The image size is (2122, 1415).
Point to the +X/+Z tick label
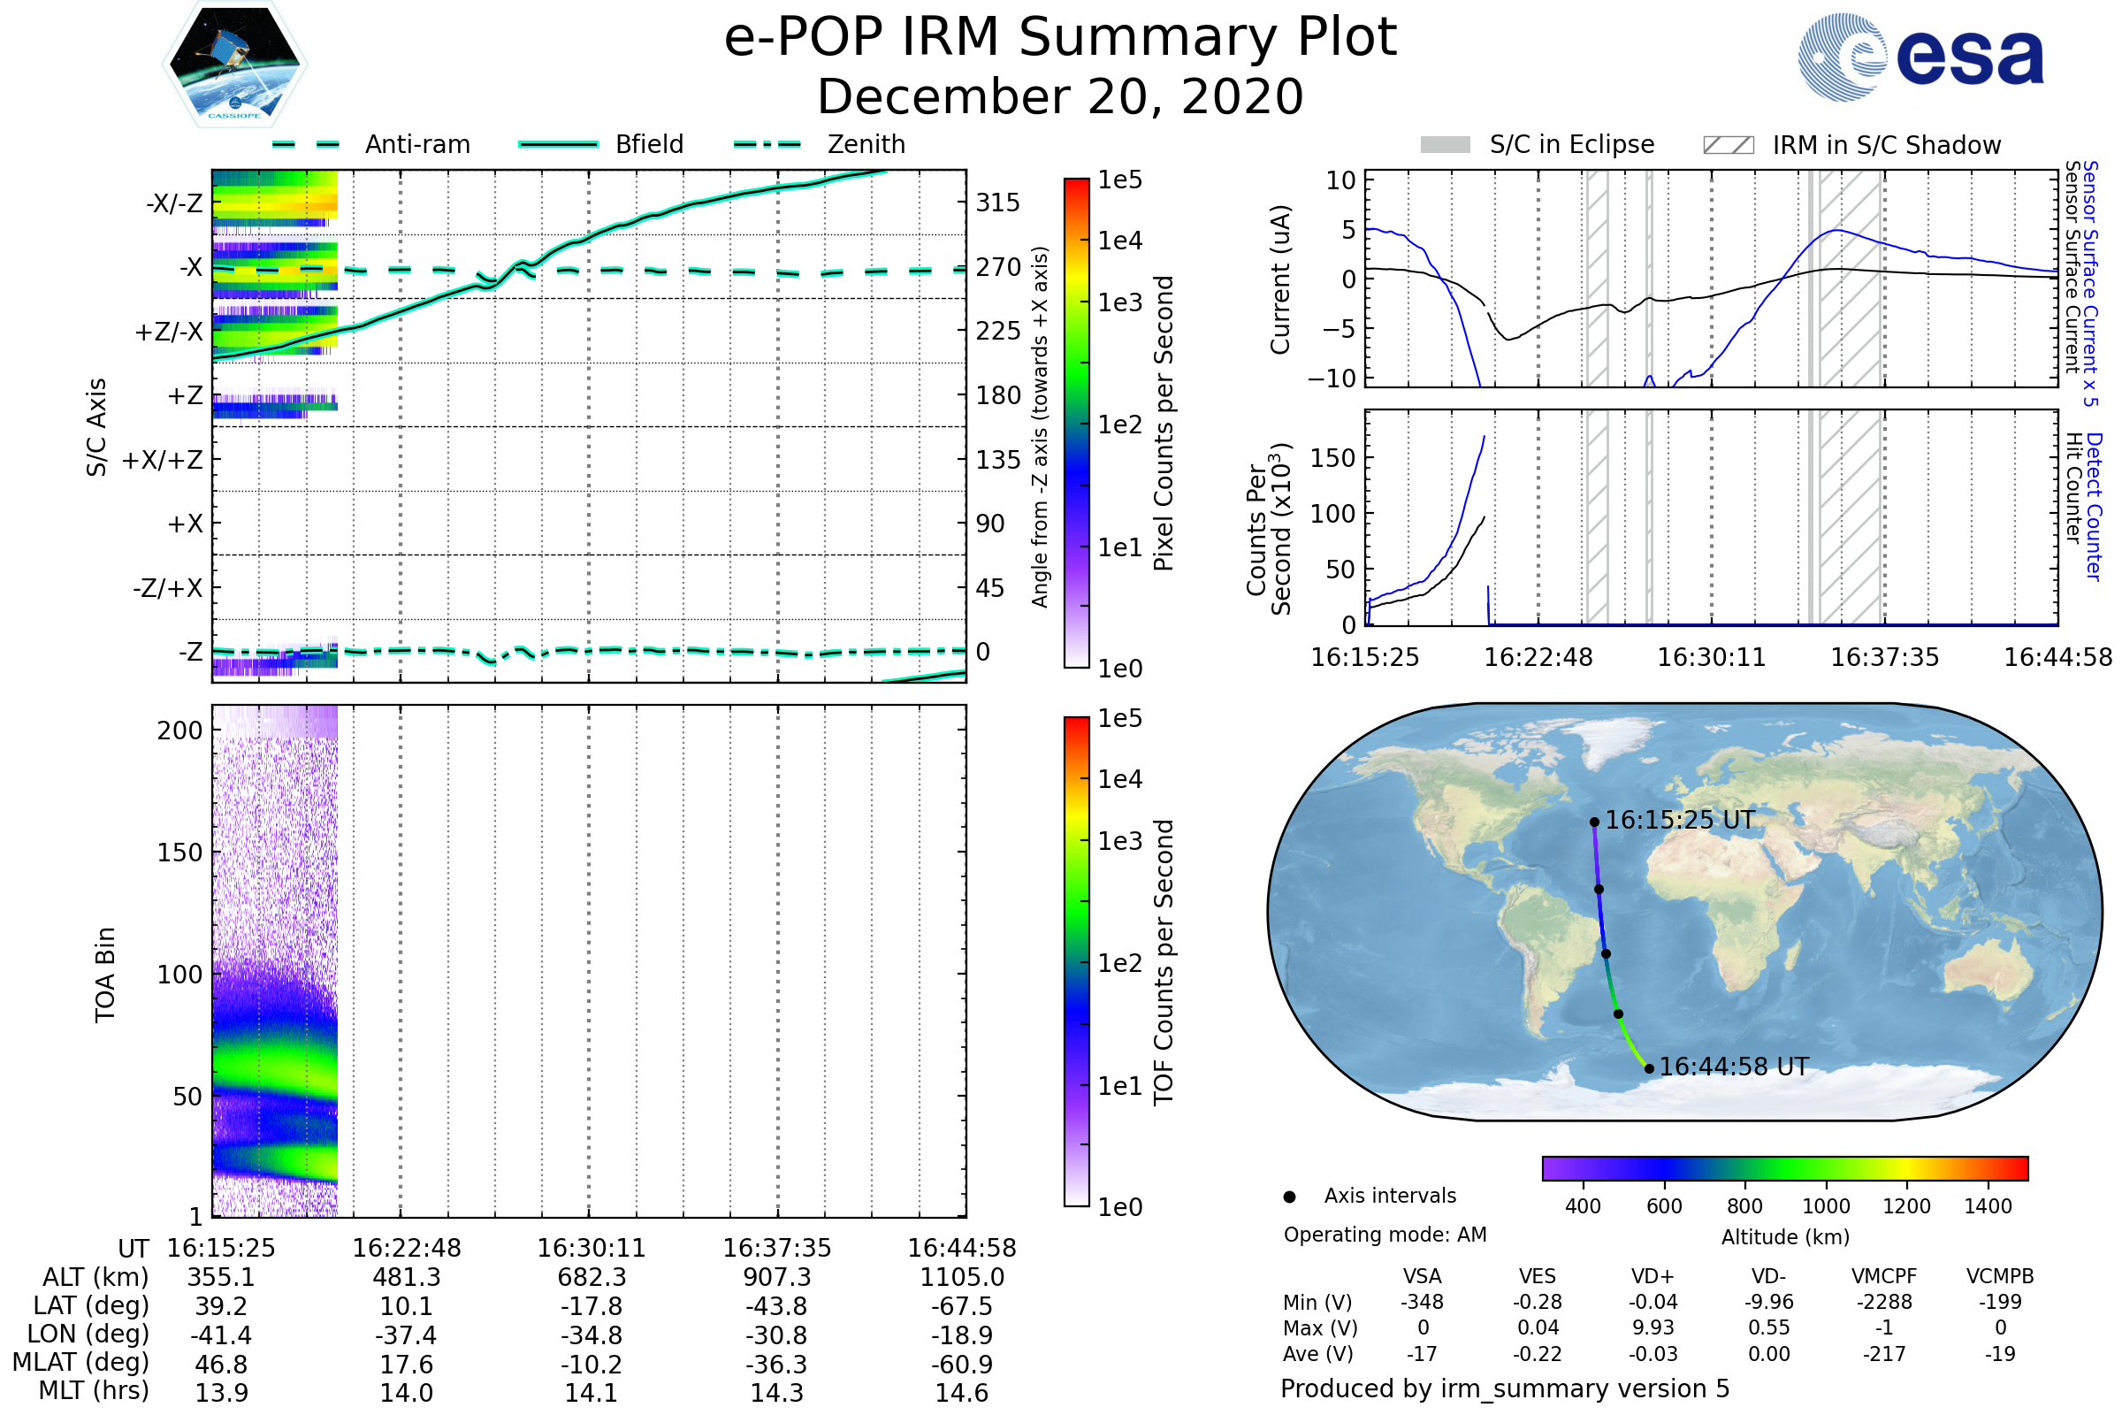[x=163, y=460]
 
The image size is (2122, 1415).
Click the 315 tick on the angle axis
[x=997, y=203]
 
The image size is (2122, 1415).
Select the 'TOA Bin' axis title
[x=105, y=974]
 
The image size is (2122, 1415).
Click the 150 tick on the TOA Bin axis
[x=179, y=852]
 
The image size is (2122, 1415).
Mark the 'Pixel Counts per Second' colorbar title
[x=1164, y=424]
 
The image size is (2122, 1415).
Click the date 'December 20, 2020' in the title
[x=1060, y=96]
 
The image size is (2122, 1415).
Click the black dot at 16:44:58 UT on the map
[x=1649, y=1068]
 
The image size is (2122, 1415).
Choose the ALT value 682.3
[x=591, y=1277]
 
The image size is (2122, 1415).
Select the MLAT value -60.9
[x=962, y=1364]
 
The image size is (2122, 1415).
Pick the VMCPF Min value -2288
[x=1884, y=1301]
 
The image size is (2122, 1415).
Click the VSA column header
[x=1422, y=1276]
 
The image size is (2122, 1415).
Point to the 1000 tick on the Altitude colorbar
[x=1825, y=1205]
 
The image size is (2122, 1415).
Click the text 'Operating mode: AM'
[x=1384, y=1234]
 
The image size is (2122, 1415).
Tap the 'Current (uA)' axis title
[x=1280, y=279]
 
